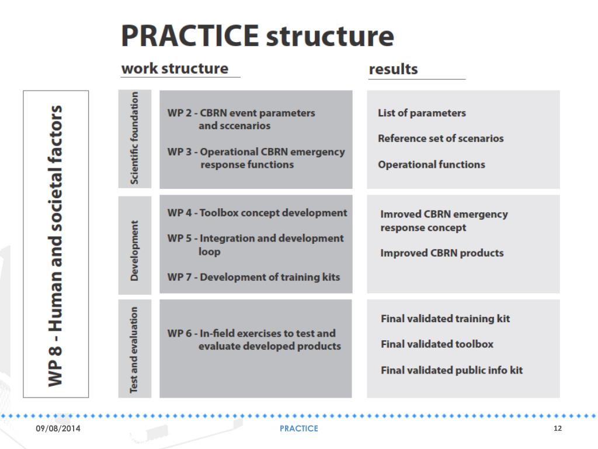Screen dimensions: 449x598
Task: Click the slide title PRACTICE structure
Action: pyautogui.click(x=258, y=36)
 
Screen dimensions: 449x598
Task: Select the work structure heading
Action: pyautogui.click(x=175, y=68)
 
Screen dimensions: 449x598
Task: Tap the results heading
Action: pyautogui.click(x=393, y=69)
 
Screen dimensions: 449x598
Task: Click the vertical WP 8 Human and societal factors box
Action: pyautogui.click(x=55, y=244)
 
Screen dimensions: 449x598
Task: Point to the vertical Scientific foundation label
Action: pyautogui.click(x=135, y=139)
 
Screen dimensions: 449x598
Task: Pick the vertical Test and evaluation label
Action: pyautogui.click(x=135, y=349)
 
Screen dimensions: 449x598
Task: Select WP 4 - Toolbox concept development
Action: pyautogui.click(x=257, y=213)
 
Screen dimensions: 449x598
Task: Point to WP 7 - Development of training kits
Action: pyautogui.click(x=253, y=277)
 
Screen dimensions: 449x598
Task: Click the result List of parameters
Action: pyautogui.click(x=422, y=113)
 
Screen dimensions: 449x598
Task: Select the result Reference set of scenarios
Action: pyautogui.click(x=440, y=139)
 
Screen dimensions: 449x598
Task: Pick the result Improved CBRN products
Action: pyautogui.click(x=441, y=253)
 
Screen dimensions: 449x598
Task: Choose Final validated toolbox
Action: pyautogui.click(x=437, y=344)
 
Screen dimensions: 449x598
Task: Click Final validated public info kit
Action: pyautogui.click(x=451, y=370)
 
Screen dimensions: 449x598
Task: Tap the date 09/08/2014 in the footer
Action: pyautogui.click(x=58, y=429)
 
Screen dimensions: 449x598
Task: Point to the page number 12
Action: pyautogui.click(x=557, y=429)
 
